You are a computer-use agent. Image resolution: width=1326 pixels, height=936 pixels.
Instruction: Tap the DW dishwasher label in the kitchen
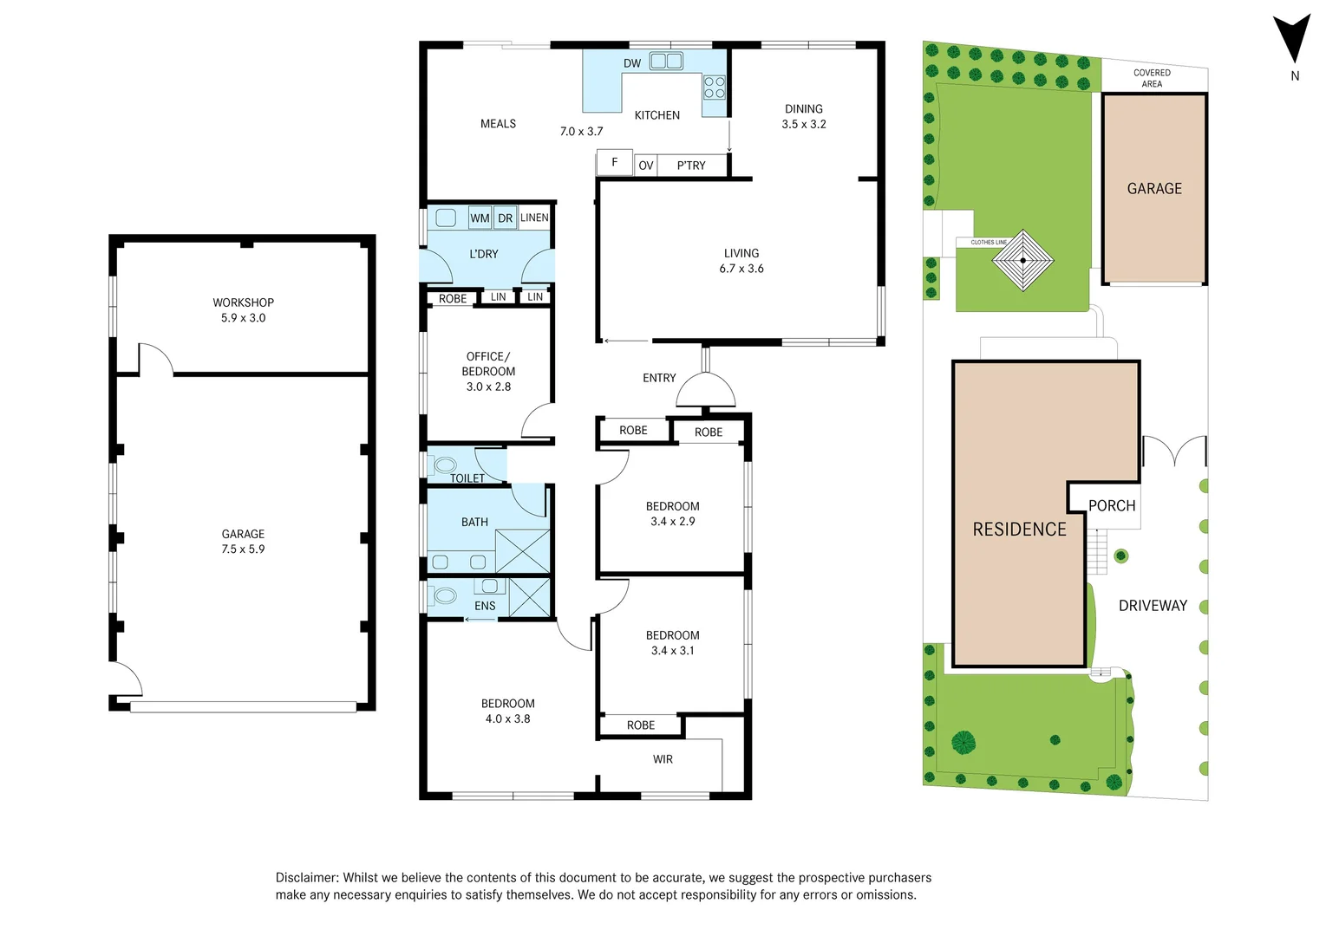coord(632,63)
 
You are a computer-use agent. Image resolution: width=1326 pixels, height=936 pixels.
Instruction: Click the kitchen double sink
coord(666,61)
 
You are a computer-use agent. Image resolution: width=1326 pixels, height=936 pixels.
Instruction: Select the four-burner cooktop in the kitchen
coord(715,87)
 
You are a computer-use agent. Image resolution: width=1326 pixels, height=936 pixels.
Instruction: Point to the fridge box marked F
coord(615,162)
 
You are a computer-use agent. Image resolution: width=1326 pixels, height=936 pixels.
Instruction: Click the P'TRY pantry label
coord(691,166)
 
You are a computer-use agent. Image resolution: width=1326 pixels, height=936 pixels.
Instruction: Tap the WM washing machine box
coord(480,218)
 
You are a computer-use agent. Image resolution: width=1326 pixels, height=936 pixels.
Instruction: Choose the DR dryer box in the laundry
coord(505,218)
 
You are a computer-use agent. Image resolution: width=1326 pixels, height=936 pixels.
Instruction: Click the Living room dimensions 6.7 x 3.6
coord(741,269)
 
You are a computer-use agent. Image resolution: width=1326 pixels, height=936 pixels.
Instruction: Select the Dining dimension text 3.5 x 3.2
coord(803,124)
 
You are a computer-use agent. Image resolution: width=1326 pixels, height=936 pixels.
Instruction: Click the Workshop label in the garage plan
coord(244,302)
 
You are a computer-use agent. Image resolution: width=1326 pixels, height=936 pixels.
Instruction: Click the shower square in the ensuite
coord(529,598)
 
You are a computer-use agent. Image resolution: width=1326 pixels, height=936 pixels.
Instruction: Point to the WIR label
coord(663,759)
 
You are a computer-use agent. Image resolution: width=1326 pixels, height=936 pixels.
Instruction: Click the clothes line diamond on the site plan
coord(1023,260)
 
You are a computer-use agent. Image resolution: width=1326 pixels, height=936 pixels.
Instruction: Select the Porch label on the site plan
coord(1112,506)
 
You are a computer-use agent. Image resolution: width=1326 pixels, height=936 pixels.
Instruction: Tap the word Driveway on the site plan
coord(1153,605)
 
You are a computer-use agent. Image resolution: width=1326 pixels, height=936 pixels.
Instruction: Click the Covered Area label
coord(1152,78)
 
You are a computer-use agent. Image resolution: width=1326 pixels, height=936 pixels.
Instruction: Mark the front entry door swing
coord(706,390)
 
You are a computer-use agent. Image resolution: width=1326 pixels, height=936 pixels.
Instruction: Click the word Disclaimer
coord(307,877)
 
